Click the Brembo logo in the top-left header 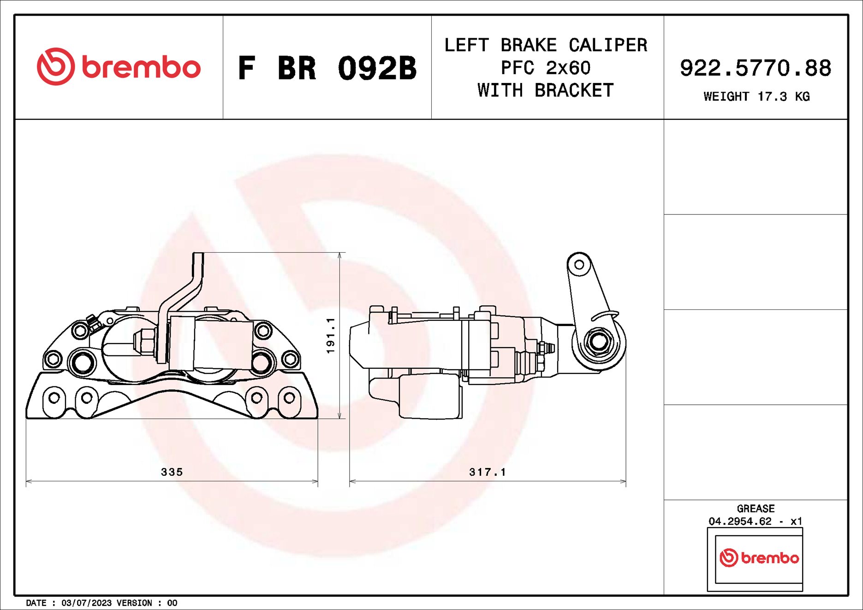click(119, 67)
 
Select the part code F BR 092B click(327, 68)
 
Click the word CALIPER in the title click(607, 45)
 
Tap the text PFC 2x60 click(546, 68)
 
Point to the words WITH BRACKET click(546, 91)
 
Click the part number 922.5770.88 click(756, 68)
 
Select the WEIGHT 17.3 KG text click(756, 97)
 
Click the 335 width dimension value click(172, 472)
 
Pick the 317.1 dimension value click(488, 472)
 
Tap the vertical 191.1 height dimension click(330, 336)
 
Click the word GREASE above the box click(756, 509)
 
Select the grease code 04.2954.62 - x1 click(756, 521)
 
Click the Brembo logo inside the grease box click(759, 558)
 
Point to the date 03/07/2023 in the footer click(86, 603)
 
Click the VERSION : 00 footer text click(147, 603)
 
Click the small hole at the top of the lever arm click(579, 265)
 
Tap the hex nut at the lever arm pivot click(599, 342)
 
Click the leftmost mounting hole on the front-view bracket click(54, 397)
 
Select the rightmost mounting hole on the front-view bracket click(289, 397)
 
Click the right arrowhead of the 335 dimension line click(315, 481)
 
